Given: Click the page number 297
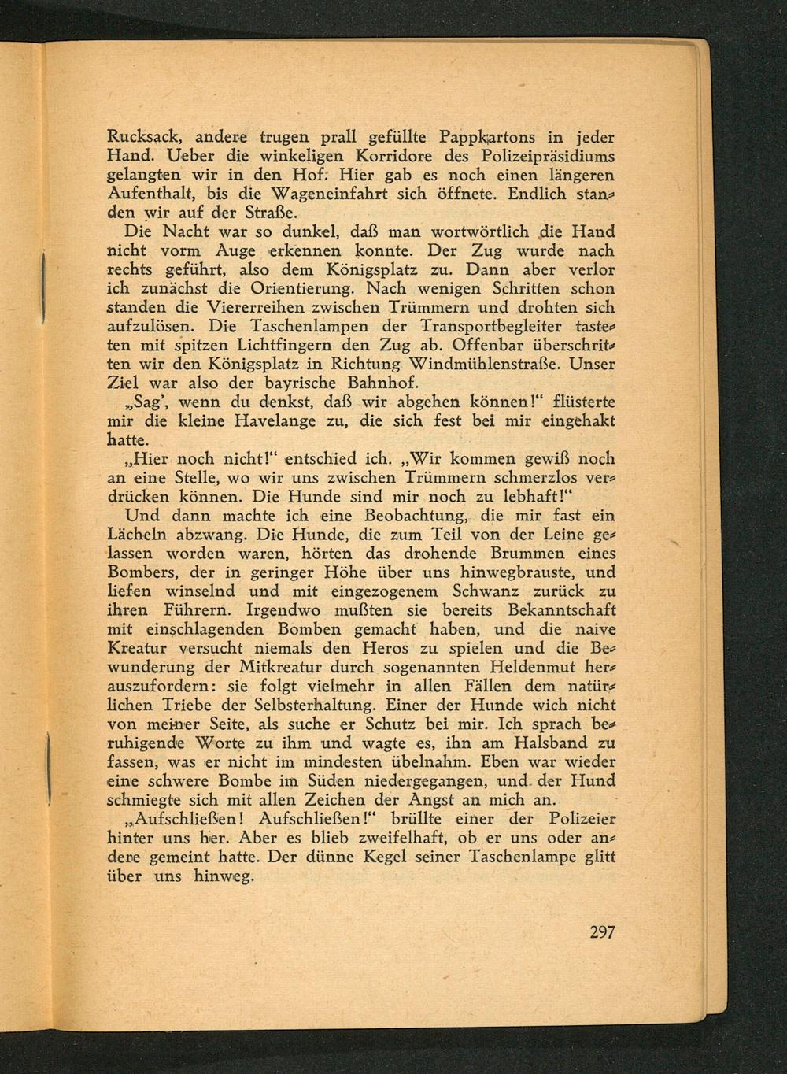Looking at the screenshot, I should point(601,932).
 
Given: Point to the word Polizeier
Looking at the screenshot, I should point(575,819).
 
